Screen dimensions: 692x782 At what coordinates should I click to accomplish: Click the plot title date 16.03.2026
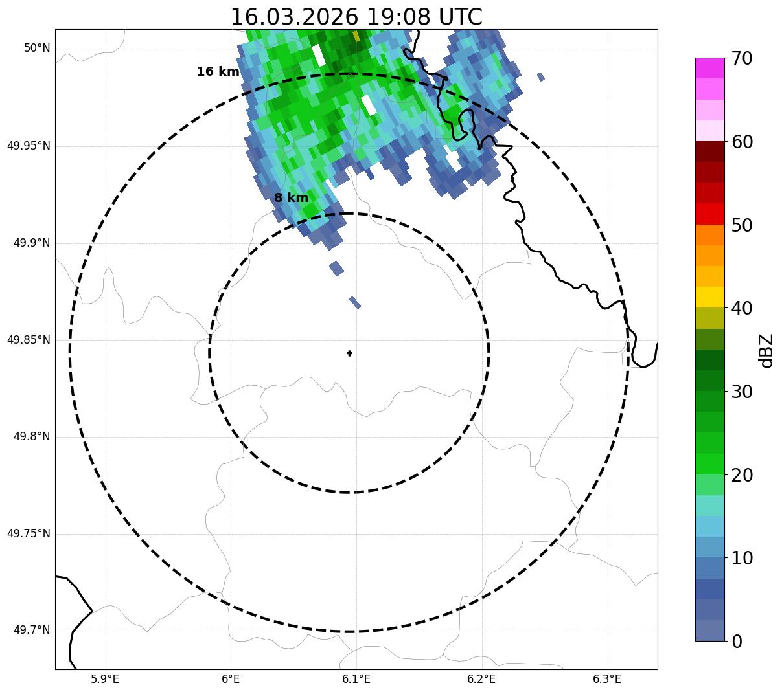294,17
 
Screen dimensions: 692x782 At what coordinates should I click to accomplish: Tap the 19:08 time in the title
397,17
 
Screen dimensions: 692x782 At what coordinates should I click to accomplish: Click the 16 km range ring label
218,72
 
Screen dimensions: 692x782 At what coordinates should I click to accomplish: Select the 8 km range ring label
291,198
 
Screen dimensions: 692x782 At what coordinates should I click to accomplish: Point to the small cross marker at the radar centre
350,353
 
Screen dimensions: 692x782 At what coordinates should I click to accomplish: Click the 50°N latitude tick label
37,49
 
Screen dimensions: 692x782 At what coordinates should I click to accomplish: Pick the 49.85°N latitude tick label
29,340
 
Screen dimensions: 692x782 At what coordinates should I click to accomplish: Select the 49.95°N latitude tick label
29,146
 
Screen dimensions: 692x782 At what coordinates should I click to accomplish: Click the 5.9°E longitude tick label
105,679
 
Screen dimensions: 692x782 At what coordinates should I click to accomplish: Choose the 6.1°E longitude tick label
356,679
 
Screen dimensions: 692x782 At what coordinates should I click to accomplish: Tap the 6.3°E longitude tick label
607,679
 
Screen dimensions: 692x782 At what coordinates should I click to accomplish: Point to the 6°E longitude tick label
231,679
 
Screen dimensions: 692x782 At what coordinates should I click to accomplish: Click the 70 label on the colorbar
742,58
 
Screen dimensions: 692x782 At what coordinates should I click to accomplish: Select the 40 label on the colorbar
742,308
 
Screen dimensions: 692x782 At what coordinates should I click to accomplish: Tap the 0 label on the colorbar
737,642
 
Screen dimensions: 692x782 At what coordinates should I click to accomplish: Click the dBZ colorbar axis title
766,350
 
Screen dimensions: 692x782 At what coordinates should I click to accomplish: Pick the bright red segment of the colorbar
709,214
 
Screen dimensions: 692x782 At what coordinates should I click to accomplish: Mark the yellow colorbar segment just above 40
709,297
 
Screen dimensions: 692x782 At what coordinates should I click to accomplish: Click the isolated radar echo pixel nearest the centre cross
355,302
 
